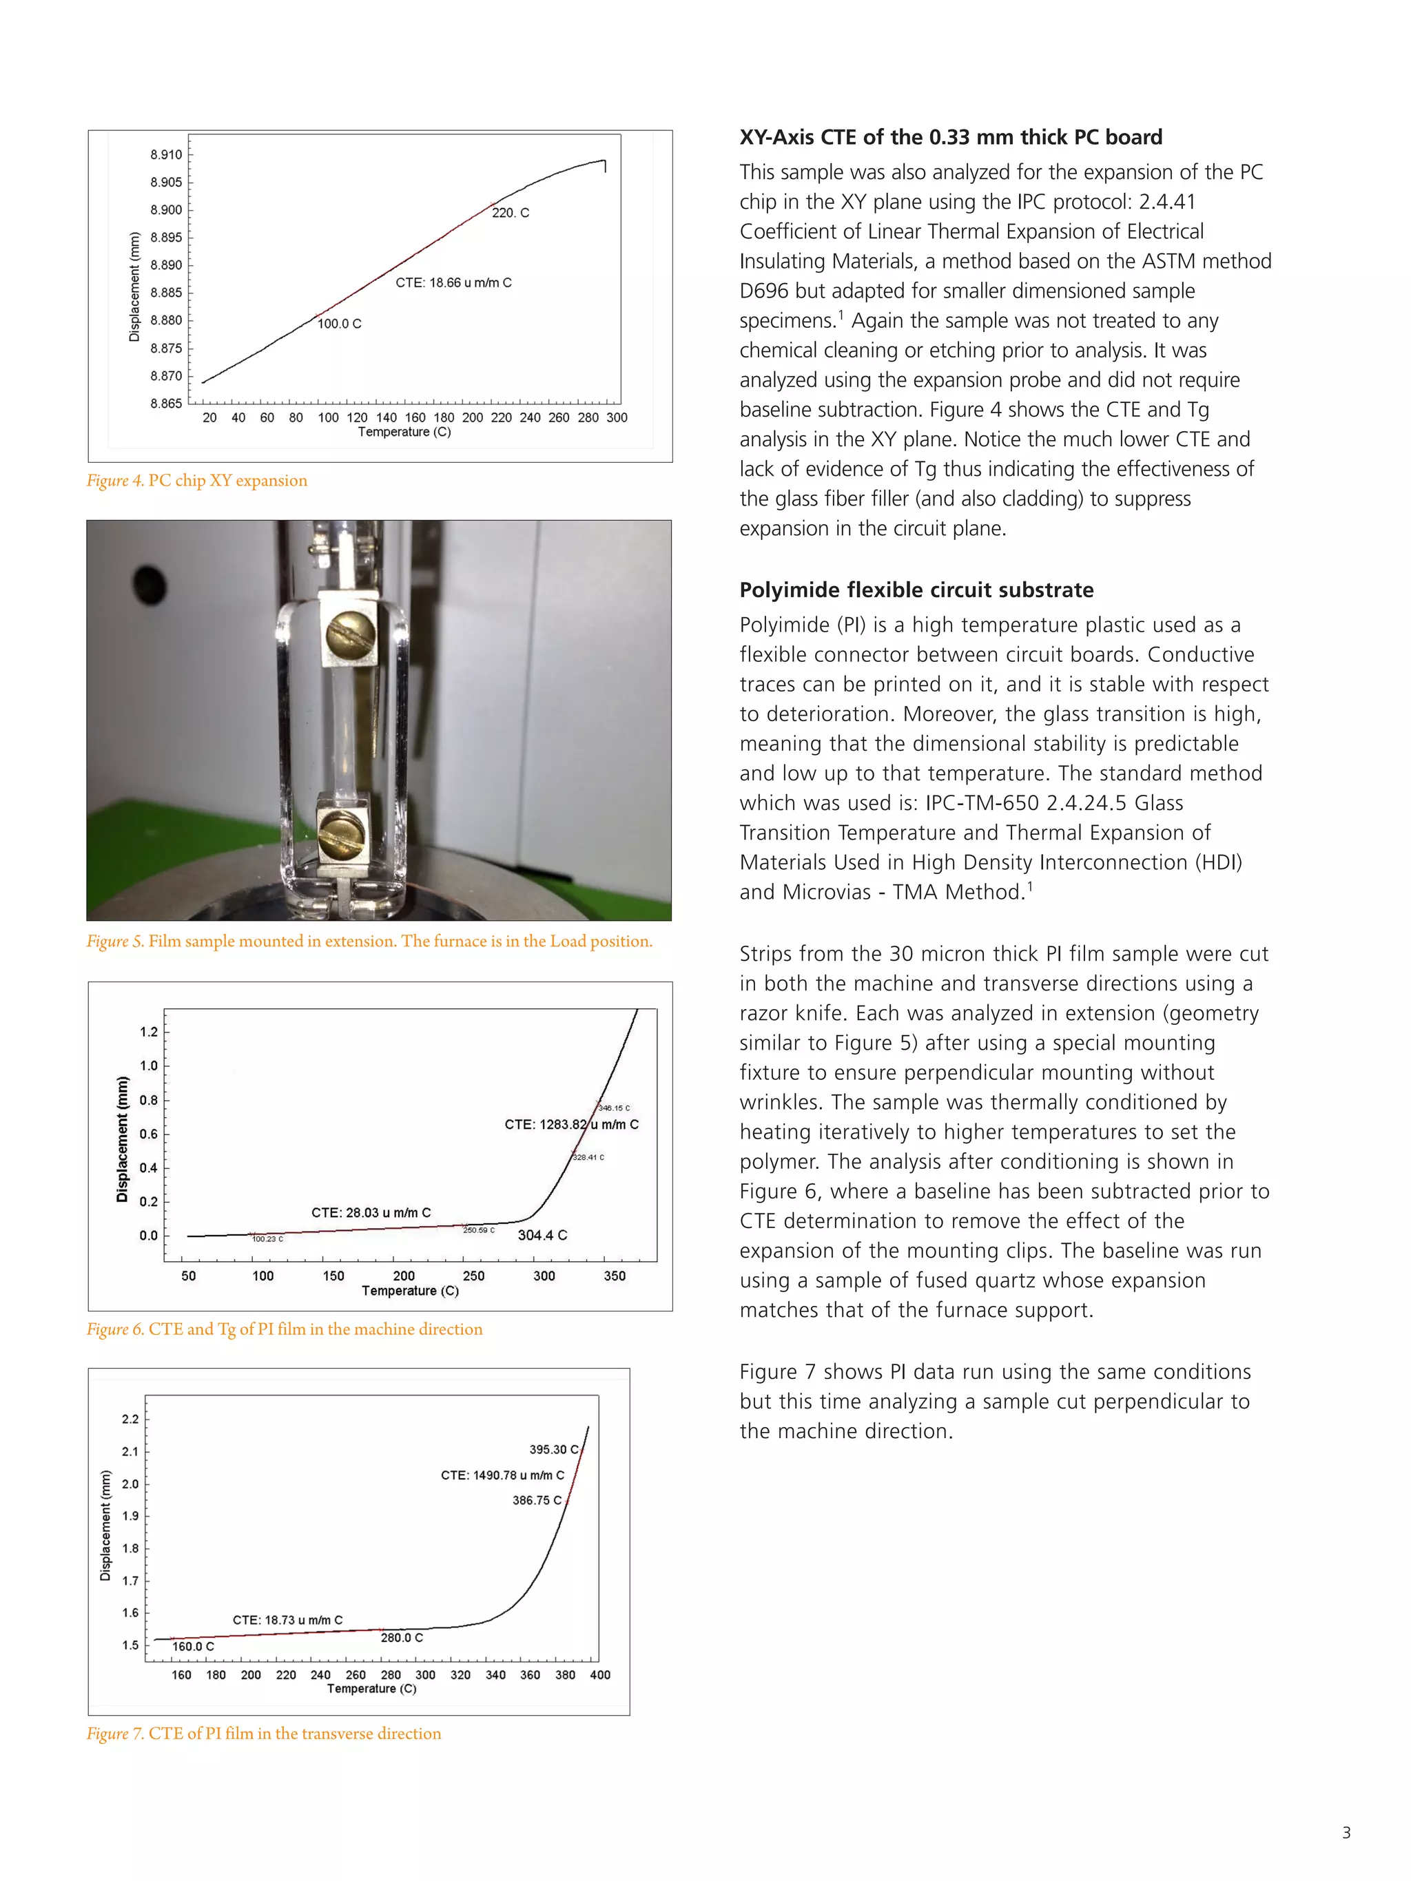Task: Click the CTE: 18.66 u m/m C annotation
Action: [453, 282]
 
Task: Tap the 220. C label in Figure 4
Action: [511, 213]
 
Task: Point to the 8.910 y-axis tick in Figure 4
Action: [166, 155]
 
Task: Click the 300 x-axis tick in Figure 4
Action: [617, 417]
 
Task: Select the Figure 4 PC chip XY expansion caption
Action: [197, 481]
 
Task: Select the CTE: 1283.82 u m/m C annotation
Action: [572, 1124]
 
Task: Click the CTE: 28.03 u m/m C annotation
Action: [371, 1213]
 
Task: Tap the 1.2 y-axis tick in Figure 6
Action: [149, 1032]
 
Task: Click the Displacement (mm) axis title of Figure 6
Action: [123, 1139]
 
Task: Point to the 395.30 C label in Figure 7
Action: [554, 1449]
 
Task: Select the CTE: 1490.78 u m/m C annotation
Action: [502, 1475]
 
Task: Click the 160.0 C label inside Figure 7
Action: [193, 1646]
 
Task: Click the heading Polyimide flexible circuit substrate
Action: [916, 590]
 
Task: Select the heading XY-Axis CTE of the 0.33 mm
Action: [950, 137]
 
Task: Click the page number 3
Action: [1346, 1833]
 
